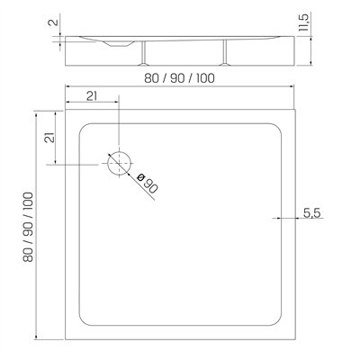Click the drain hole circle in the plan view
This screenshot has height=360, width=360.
tap(120, 152)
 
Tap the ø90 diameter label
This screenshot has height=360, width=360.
tap(148, 184)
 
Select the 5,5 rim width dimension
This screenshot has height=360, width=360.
tap(312, 213)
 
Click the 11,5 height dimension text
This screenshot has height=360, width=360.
tap(303, 22)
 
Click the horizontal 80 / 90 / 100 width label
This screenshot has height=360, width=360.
tap(179, 78)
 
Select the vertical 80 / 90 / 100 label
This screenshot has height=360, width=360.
tap(28, 227)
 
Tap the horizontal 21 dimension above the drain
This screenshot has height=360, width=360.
tap(92, 96)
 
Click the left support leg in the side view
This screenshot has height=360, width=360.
tap(144, 53)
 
